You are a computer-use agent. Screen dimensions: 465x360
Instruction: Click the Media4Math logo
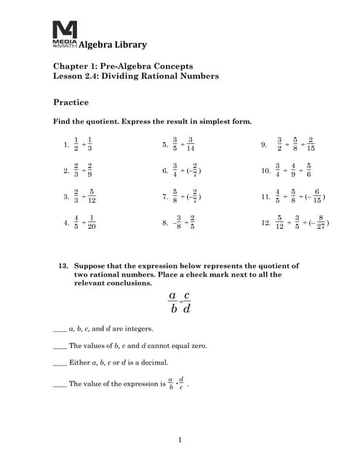64,34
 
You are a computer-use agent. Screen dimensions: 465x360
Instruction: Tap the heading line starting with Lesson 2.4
136,76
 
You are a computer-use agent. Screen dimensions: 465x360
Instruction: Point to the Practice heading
71,102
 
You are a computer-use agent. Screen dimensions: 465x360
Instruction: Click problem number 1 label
66,145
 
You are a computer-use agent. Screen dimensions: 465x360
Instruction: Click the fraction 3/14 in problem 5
191,145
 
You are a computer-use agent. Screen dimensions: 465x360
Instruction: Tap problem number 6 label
165,171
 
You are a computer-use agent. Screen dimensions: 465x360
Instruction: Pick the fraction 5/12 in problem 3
92,197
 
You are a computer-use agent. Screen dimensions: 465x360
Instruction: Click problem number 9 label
264,145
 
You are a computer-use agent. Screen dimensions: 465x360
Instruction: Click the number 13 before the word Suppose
63,267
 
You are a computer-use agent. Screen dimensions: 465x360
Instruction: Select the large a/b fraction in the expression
172,302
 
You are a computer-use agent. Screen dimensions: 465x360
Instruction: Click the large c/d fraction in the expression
187,302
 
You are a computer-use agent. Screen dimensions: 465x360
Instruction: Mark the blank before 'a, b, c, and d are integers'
60,329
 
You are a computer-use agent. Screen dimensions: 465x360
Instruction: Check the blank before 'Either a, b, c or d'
60,363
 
